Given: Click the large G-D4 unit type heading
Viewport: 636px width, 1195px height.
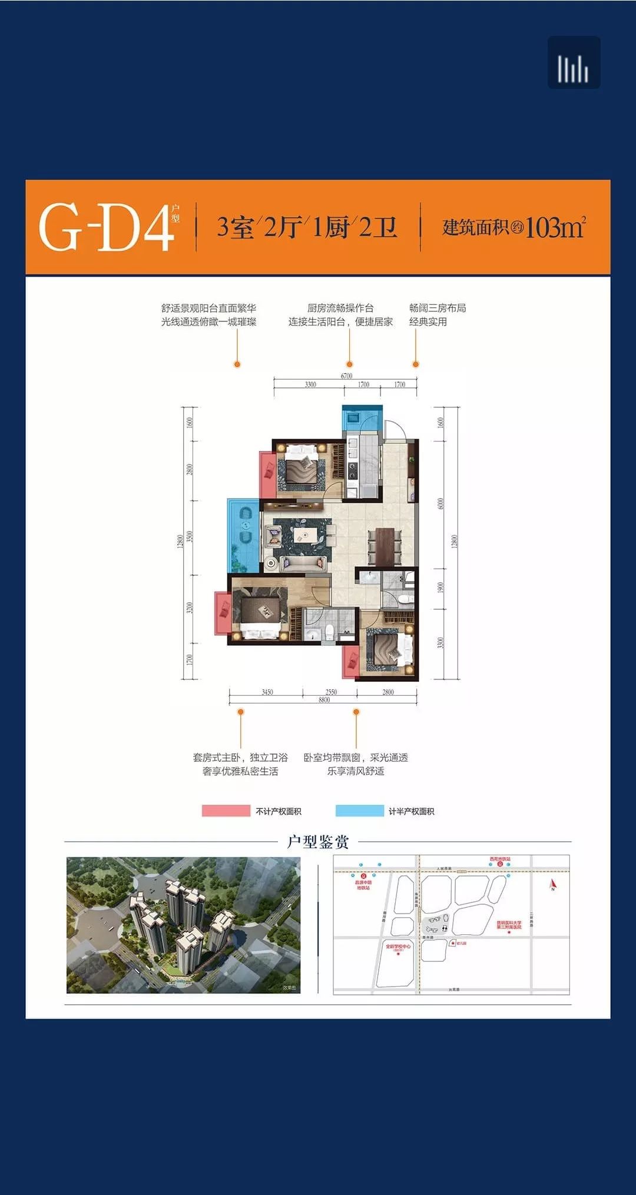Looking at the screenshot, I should click(x=106, y=227).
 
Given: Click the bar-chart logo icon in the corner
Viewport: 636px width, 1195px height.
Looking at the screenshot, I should click(x=574, y=63).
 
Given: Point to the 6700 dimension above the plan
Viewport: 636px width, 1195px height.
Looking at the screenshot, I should click(x=346, y=376).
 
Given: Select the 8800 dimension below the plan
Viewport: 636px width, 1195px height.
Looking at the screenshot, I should click(x=324, y=700).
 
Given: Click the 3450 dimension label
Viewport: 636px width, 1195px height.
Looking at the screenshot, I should click(x=267, y=692).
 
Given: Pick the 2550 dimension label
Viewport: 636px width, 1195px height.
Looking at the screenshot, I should click(x=331, y=692).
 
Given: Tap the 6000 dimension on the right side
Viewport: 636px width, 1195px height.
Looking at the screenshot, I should click(x=440, y=504).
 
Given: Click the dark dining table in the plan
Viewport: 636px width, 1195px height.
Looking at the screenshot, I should click(x=385, y=545).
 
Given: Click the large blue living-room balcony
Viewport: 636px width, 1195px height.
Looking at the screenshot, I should click(x=243, y=535).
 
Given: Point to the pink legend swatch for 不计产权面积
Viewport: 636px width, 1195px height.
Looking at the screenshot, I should click(x=226, y=811).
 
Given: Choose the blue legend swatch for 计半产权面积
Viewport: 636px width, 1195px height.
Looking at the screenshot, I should click(x=359, y=811).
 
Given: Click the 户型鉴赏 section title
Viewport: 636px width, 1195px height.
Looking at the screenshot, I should click(x=318, y=842).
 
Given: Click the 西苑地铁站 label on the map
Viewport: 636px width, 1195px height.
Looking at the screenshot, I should click(x=500, y=859).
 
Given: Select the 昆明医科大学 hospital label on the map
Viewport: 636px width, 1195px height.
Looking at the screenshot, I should click(x=509, y=925).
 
